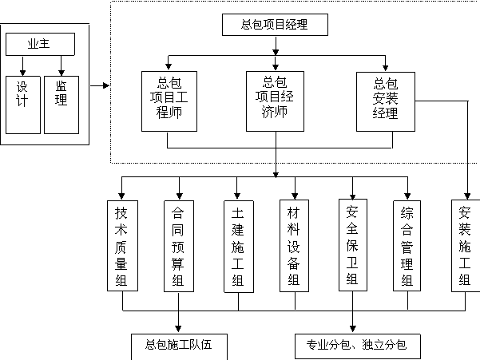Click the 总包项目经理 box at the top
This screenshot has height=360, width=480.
click(275, 25)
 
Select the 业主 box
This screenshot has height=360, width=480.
click(40, 44)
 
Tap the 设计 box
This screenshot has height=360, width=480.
click(23, 105)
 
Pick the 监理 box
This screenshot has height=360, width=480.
click(61, 105)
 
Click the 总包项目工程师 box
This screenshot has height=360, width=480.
click(169, 101)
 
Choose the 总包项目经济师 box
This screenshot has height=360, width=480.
click(275, 101)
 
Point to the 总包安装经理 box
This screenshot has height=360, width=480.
click(386, 101)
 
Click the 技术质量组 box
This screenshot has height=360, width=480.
click(122, 246)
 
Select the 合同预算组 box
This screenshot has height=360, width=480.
click(179, 246)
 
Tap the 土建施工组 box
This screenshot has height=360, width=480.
click(239, 246)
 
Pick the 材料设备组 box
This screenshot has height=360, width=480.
click(294, 246)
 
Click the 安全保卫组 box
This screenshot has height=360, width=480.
click(353, 245)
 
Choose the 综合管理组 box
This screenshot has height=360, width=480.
click(407, 246)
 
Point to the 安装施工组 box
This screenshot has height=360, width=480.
click(466, 246)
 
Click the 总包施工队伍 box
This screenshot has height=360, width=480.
click(180, 347)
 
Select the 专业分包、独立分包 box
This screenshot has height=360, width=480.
click(358, 346)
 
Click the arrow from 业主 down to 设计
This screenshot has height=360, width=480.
click(22, 65)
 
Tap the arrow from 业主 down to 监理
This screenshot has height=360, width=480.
click(61, 65)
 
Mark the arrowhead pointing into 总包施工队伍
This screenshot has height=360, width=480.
click(178, 329)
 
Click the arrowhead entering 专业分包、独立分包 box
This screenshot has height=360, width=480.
click(353, 329)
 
